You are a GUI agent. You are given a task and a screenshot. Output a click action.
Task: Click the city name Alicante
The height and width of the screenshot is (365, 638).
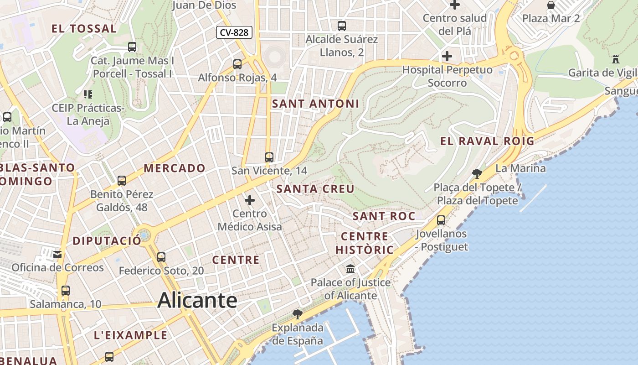[x=197, y=301]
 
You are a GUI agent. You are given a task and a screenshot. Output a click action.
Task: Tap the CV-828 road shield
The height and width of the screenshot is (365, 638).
[x=234, y=32]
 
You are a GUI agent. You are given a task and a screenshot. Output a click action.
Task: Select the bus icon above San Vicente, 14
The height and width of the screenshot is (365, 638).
[x=269, y=157]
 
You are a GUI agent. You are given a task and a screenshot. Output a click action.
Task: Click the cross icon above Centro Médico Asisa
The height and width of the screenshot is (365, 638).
[x=250, y=200]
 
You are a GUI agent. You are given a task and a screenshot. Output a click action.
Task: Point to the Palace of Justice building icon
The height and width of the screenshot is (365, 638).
[x=350, y=269]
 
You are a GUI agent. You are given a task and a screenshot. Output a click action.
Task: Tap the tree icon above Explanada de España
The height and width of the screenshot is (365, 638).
[x=298, y=314]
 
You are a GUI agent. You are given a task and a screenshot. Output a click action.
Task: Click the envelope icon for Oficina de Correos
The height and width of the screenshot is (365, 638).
[x=57, y=254]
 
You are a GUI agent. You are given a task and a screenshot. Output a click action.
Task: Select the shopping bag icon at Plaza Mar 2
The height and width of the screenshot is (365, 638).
[x=551, y=5]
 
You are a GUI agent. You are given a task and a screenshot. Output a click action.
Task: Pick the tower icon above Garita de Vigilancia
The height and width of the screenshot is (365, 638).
[x=616, y=59]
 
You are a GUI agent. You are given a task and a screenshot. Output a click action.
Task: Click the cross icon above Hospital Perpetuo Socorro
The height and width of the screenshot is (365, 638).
[x=447, y=56]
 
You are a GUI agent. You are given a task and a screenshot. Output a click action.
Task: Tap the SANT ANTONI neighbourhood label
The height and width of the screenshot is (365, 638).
[x=315, y=104]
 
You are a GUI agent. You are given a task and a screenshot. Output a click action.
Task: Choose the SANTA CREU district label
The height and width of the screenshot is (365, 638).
[x=315, y=189]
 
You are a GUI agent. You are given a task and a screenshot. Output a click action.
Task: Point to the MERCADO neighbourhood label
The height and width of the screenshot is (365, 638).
[x=175, y=168]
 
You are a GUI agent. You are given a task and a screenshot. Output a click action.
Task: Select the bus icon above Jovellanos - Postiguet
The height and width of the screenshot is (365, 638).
[x=441, y=220]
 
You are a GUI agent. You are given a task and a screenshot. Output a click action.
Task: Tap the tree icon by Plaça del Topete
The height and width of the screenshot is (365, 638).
[x=477, y=173]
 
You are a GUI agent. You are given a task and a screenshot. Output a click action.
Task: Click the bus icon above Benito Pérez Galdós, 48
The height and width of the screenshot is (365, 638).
[x=122, y=181]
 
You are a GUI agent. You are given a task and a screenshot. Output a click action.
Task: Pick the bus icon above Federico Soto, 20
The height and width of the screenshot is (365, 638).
[x=161, y=257]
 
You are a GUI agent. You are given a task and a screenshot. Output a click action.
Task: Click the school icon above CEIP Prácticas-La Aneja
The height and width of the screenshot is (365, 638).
[x=88, y=94]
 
